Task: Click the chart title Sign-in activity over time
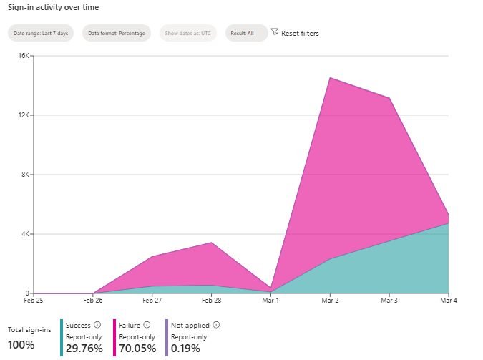coord(53,7)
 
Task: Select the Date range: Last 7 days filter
coord(41,33)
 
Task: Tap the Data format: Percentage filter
coord(116,33)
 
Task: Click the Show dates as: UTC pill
coord(187,33)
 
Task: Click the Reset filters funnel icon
coord(274,32)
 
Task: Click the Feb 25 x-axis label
coord(34,301)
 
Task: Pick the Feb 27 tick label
coord(152,301)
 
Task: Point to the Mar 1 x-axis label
coord(270,301)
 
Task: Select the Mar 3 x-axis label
coord(389,301)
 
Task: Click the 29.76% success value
coord(84,349)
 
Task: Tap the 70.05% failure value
coord(137,349)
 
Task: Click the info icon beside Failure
coord(147,325)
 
